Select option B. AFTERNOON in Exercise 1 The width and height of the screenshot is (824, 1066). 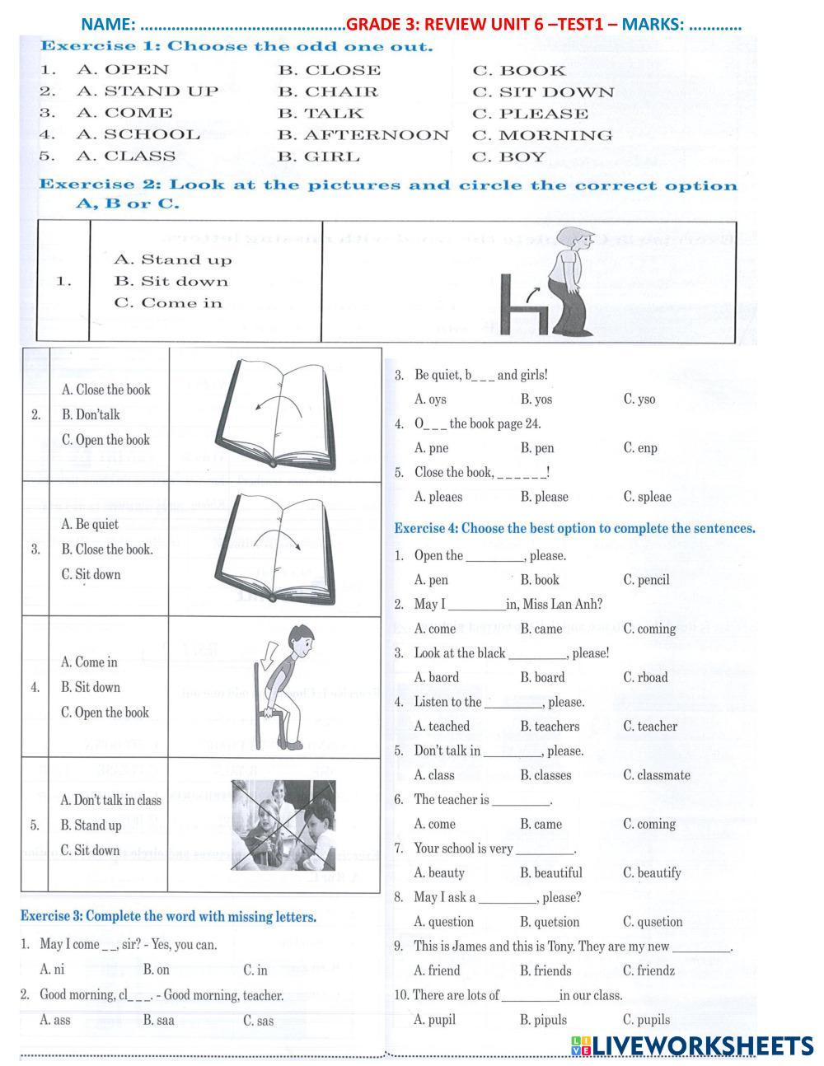point(363,135)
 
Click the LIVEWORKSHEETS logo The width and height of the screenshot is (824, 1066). point(691,1045)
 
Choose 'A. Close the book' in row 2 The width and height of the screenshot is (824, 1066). point(106,390)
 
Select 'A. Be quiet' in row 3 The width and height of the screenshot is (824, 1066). point(90,524)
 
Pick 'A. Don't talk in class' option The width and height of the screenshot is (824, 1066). point(110,800)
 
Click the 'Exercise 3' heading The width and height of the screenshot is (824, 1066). point(168,916)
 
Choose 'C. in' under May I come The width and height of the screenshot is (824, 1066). point(255,970)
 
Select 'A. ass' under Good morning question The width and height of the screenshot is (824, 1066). point(55,1020)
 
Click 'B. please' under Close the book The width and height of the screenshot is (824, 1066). point(544,497)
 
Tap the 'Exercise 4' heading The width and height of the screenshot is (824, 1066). point(574,528)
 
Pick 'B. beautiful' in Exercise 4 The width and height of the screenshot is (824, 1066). point(550,872)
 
